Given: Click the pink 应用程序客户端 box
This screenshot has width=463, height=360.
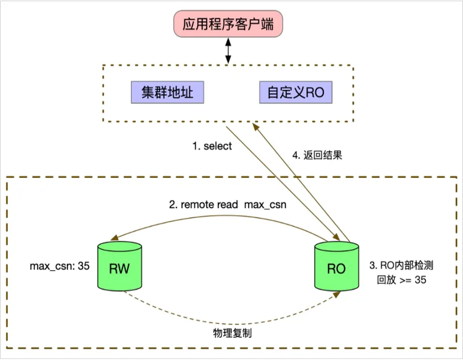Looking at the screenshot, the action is click(x=228, y=24).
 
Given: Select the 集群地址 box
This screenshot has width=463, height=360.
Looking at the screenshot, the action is click(x=168, y=92).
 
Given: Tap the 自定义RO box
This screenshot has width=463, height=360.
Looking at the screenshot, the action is click(x=295, y=92).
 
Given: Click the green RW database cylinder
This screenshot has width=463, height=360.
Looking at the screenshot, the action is click(x=120, y=266).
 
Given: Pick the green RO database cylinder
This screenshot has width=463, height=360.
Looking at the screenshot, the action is click(x=337, y=266).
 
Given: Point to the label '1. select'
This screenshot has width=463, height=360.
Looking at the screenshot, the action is click(x=212, y=146).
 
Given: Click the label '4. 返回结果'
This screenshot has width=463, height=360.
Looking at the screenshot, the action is click(x=317, y=155).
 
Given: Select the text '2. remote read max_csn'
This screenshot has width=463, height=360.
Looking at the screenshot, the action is click(x=228, y=205).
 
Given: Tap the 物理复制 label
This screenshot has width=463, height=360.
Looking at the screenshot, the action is click(x=232, y=333).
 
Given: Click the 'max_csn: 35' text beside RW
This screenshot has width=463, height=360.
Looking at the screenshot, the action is click(x=60, y=266).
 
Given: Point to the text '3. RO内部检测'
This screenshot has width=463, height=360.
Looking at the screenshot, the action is click(x=401, y=265).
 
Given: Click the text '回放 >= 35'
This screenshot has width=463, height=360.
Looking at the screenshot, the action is click(x=401, y=280).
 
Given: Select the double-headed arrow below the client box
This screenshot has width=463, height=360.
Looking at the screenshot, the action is click(x=228, y=51).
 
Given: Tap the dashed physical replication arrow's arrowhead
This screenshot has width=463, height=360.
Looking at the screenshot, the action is click(x=336, y=295).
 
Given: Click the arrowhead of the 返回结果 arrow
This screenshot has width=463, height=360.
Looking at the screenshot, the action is click(x=256, y=127).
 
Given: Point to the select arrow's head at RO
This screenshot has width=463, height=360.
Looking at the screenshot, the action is click(x=336, y=237).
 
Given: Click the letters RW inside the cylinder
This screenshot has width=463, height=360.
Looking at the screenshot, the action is click(x=119, y=269).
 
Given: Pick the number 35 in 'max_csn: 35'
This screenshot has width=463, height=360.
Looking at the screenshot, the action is click(x=84, y=266).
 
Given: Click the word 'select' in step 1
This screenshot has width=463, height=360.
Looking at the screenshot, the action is click(x=217, y=146).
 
